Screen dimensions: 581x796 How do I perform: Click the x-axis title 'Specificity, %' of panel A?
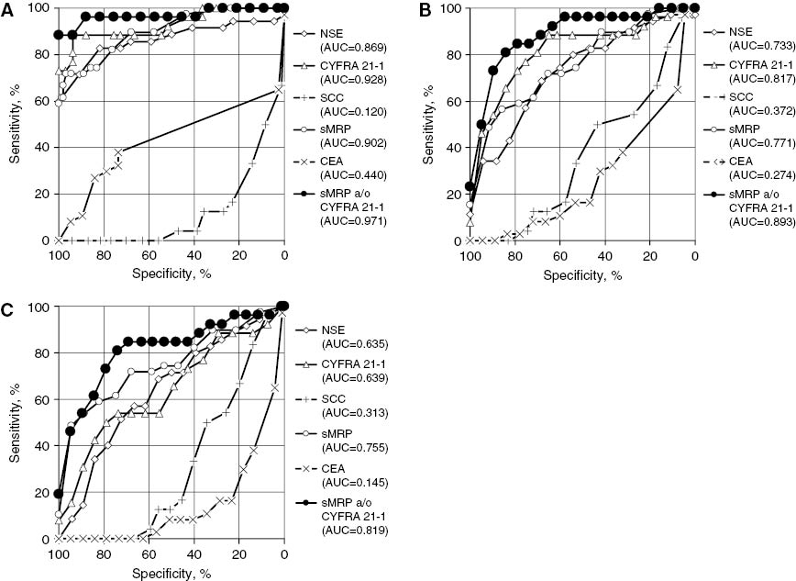click(x=171, y=274)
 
